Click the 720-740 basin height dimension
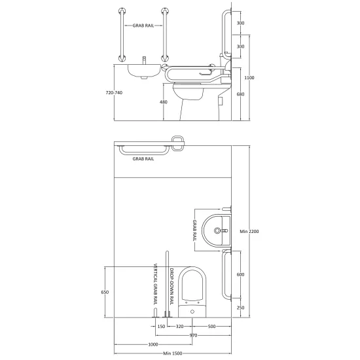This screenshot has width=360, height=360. (114, 93)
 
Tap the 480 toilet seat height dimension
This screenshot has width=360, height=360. (164, 102)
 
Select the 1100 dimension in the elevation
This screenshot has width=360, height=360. (249, 78)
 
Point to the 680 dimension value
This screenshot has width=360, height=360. (240, 94)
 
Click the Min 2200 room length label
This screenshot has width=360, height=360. (249, 232)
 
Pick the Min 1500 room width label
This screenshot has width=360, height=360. (173, 353)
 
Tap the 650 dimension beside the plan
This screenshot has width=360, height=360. (105, 293)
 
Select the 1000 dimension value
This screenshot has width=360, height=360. (153, 344)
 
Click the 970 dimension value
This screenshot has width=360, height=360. (193, 335)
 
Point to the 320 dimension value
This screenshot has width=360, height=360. (179, 326)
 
